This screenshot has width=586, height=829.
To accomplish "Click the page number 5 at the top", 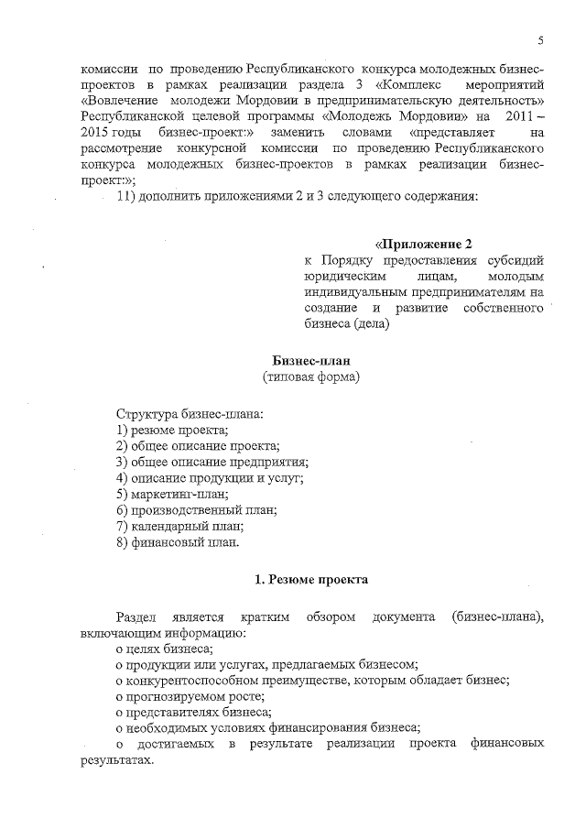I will point(541,41).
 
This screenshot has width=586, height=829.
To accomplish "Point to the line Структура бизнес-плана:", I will point(190,414).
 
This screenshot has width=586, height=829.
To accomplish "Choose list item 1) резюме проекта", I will point(172,430).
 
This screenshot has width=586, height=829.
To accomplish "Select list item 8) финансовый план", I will point(178,542).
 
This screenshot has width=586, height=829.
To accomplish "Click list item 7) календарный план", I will point(179,526).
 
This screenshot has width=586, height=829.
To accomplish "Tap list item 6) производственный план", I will point(196,510).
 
